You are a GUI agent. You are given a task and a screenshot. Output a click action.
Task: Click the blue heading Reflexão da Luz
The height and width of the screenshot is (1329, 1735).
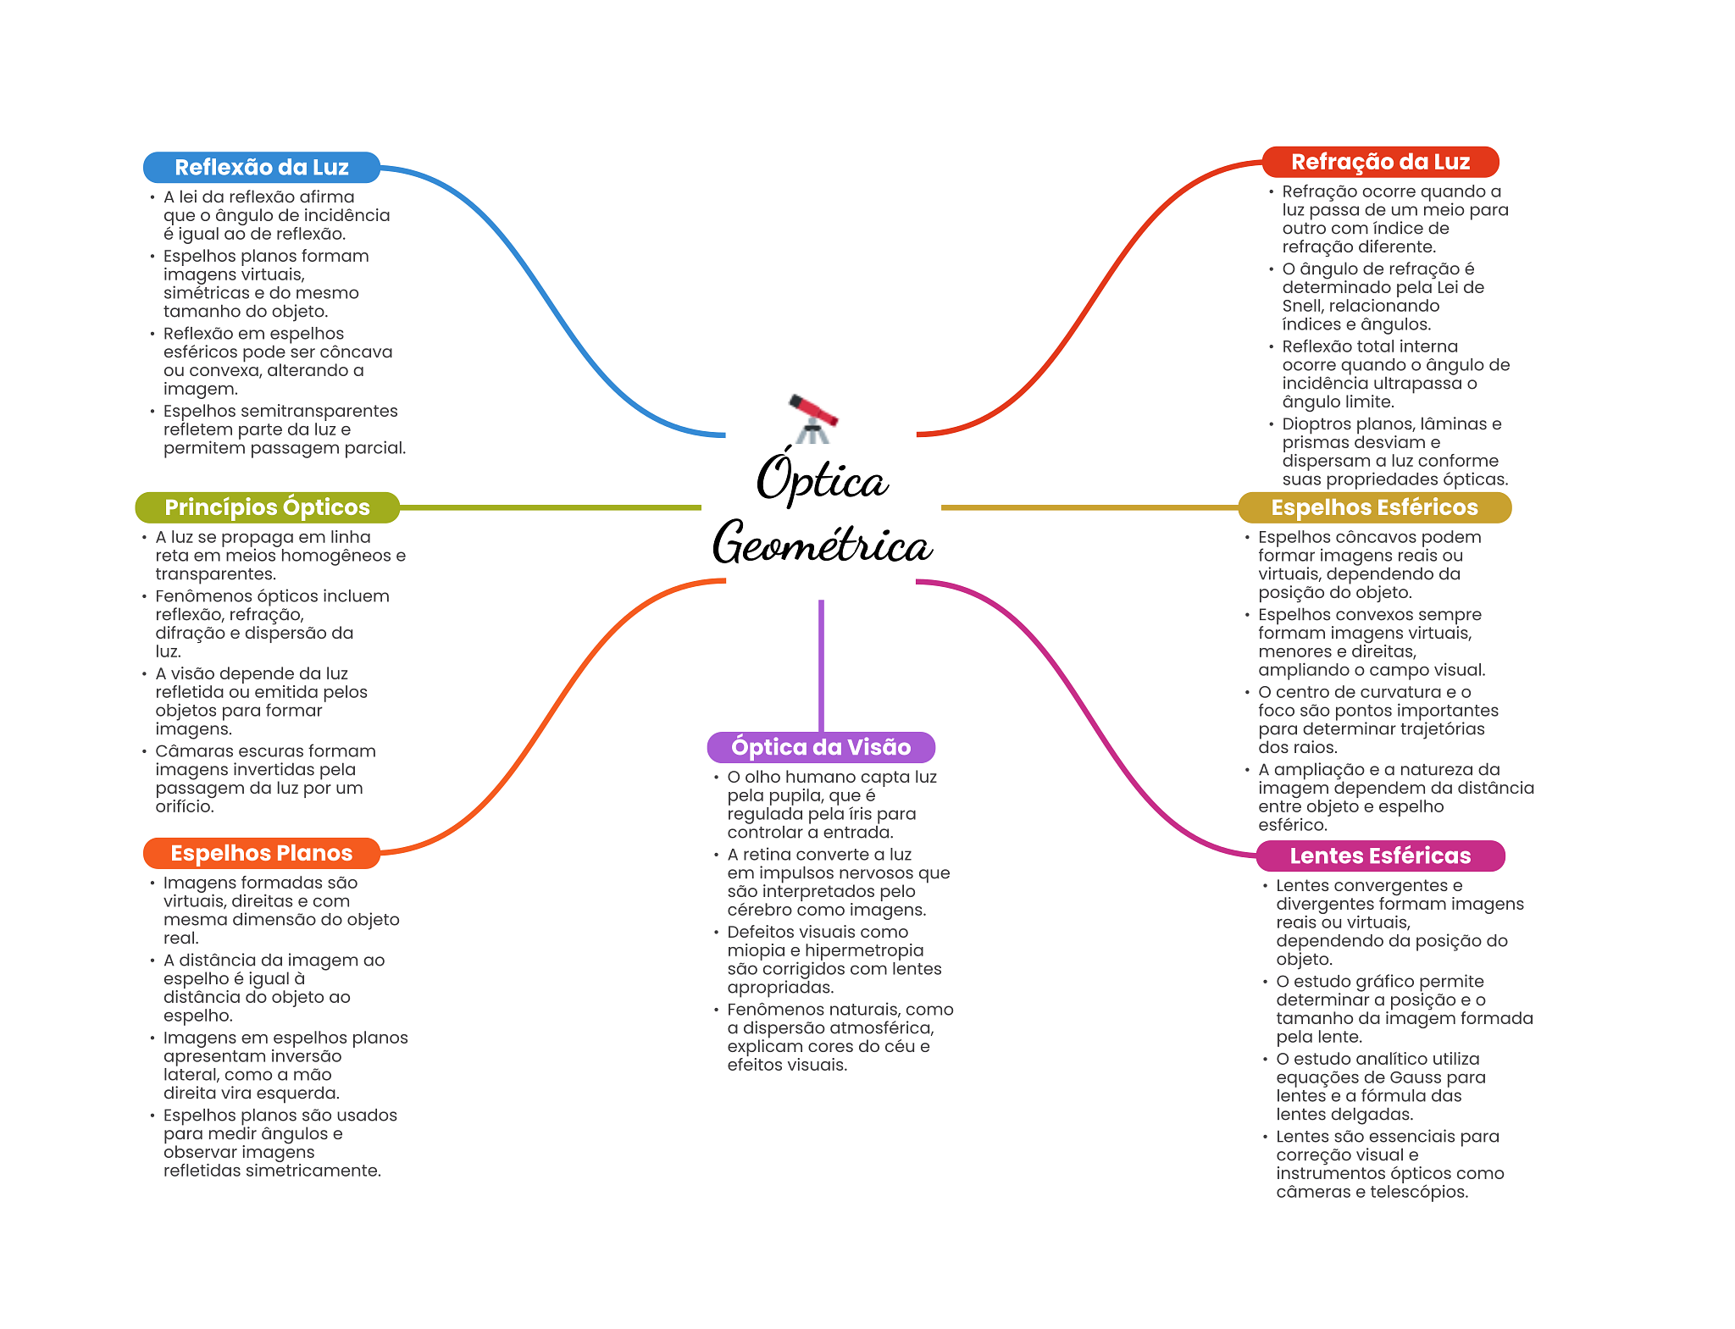(x=262, y=168)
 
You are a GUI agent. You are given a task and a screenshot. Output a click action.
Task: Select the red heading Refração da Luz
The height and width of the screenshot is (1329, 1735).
(x=1380, y=162)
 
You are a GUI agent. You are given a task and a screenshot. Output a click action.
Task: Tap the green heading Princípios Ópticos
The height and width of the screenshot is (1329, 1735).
(x=267, y=507)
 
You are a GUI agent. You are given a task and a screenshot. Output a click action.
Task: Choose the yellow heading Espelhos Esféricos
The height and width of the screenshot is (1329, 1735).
(x=1374, y=507)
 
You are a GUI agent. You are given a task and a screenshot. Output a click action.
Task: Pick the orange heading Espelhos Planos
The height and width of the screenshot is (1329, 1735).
(x=262, y=853)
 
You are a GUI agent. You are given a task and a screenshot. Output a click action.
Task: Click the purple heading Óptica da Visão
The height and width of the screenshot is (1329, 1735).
(x=821, y=747)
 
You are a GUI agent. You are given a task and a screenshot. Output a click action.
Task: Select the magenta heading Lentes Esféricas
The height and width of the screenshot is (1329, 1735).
(x=1380, y=856)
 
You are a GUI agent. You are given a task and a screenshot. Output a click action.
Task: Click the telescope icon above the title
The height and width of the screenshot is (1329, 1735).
(x=812, y=418)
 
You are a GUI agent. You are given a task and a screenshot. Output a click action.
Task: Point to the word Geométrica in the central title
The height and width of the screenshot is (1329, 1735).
(x=822, y=542)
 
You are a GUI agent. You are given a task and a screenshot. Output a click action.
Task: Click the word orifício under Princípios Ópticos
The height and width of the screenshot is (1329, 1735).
(x=185, y=806)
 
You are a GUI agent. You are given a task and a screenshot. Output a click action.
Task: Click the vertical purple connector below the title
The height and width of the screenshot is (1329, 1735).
(x=821, y=666)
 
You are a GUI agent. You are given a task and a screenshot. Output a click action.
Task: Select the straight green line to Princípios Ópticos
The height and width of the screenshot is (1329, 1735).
(x=550, y=508)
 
